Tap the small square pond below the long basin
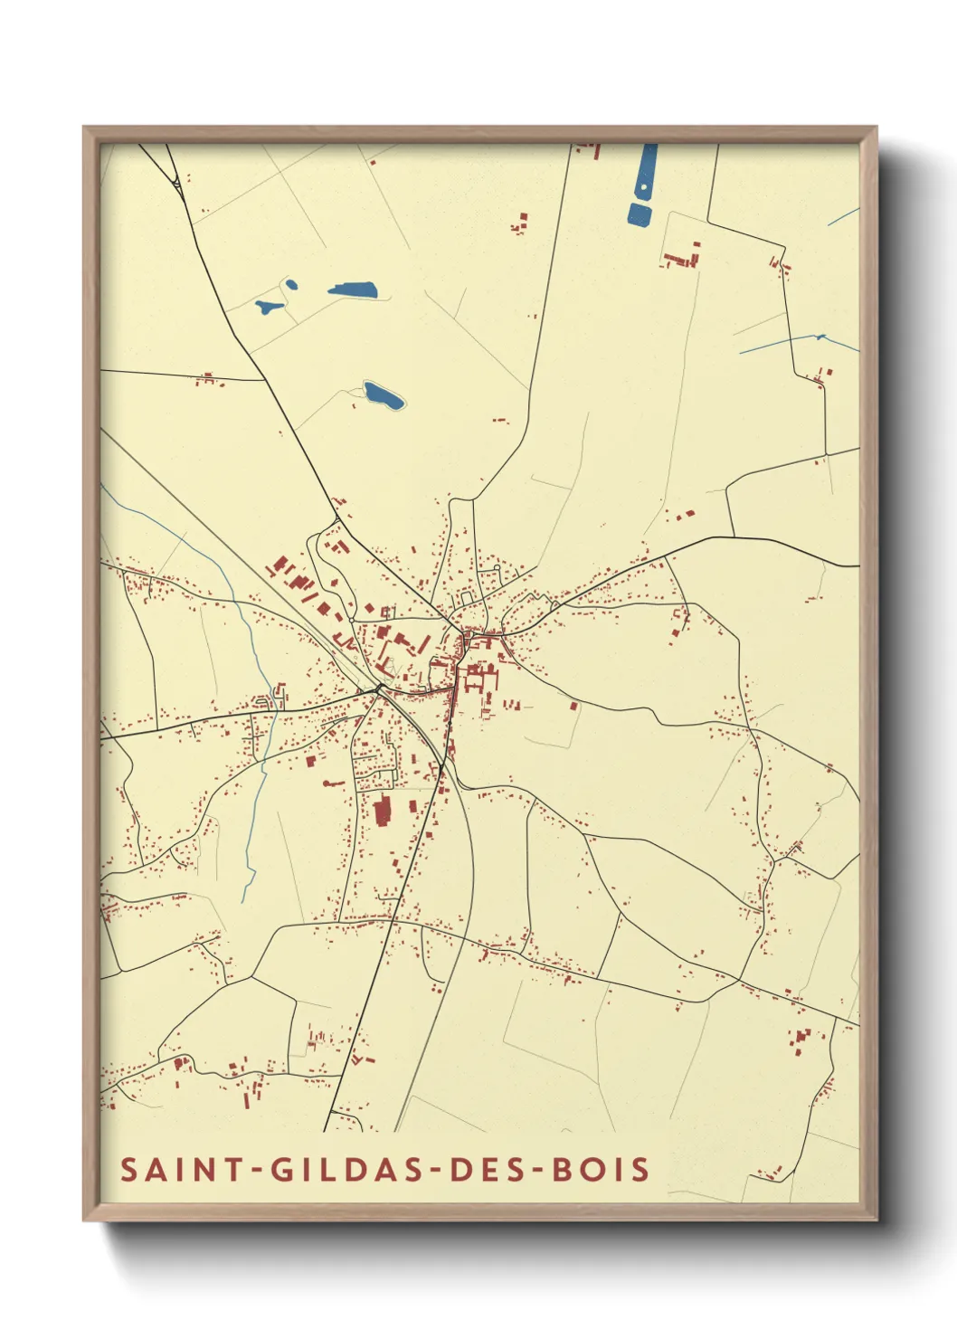click(639, 214)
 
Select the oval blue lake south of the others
click(383, 394)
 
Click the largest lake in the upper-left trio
click(353, 290)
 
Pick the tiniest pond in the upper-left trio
click(291, 285)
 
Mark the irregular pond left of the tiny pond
click(268, 307)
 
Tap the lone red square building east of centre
click(573, 706)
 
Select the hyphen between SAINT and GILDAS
click(258, 1170)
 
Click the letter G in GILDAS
click(282, 1169)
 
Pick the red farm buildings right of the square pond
click(681, 257)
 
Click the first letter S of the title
click(128, 1169)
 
